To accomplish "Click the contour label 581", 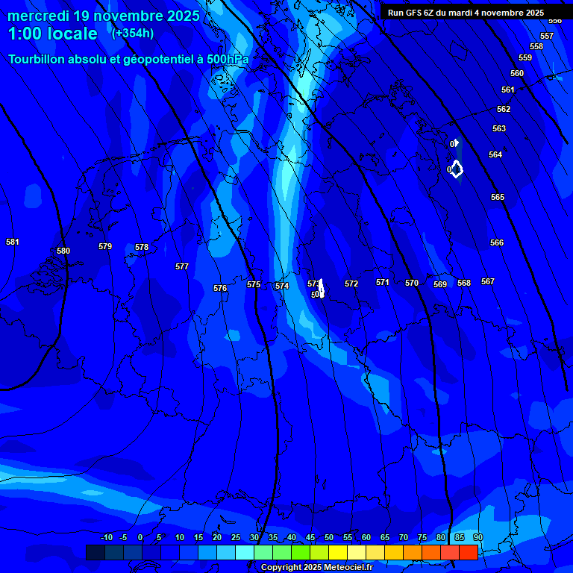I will click(x=13, y=242).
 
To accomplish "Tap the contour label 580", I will click(x=63, y=251).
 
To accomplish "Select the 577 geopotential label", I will click(x=182, y=266).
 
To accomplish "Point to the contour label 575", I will click(x=254, y=284).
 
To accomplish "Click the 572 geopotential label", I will click(x=351, y=284).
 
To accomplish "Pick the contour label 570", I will click(x=412, y=283).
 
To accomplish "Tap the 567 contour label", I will click(x=488, y=281).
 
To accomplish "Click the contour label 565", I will click(x=498, y=197).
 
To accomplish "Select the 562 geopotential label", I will click(x=504, y=109).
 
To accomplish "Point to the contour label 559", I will click(x=525, y=57).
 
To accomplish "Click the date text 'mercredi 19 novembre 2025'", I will click(x=104, y=16).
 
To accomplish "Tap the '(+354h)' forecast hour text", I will click(x=133, y=34).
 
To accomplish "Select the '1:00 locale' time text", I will click(x=53, y=34).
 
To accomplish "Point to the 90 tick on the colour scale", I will click(x=477, y=537).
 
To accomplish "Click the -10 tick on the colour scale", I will click(x=107, y=537).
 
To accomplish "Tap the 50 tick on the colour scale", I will click(x=329, y=537).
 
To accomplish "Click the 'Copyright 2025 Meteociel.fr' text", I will click(x=316, y=567).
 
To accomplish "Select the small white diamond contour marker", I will click(x=457, y=169).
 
